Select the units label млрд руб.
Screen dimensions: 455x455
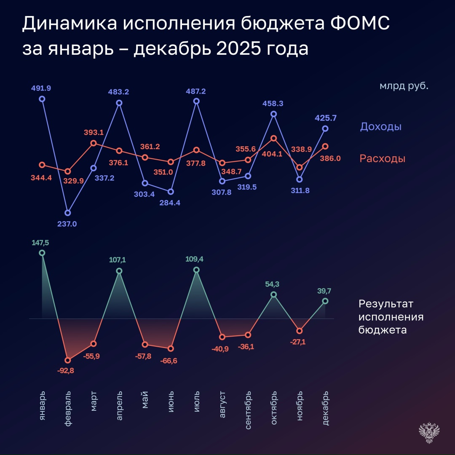pyautogui.click(x=404, y=86)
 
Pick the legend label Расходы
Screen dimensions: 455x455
pyautogui.click(x=382, y=159)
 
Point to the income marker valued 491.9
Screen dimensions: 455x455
pyautogui.click(x=42, y=99)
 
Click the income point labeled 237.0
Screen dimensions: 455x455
pyautogui.click(x=68, y=213)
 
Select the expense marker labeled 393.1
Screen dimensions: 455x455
pyautogui.click(x=94, y=143)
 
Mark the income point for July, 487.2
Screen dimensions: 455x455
pyautogui.click(x=196, y=101)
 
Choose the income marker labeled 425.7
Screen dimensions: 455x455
pyautogui.click(x=325, y=128)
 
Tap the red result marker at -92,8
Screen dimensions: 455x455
pyautogui.click(x=68, y=360)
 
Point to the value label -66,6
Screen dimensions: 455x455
pyautogui.click(x=171, y=361)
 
